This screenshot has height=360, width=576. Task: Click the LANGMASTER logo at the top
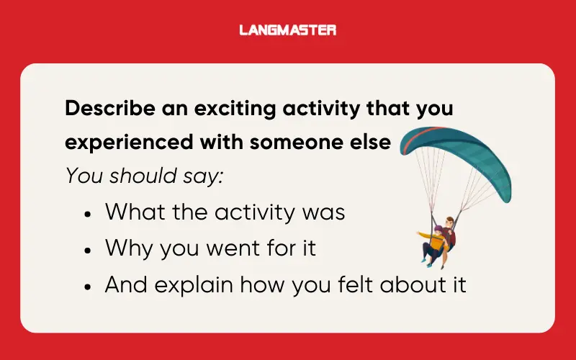tap(287, 30)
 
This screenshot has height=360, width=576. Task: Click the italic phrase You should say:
tap(144, 176)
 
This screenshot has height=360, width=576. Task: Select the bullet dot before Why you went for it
tap(87, 250)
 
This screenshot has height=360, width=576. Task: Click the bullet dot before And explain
tap(87, 286)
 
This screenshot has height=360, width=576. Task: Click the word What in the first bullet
tap(132, 212)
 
